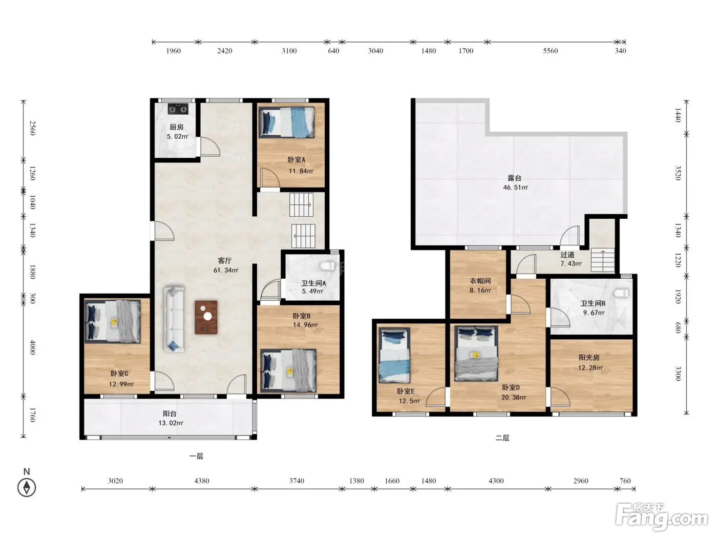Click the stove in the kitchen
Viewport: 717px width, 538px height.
click(x=178, y=109)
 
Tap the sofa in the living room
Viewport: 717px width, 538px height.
click(x=174, y=319)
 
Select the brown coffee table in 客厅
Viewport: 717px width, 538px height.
click(x=206, y=317)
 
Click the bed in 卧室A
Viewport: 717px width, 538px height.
click(x=287, y=122)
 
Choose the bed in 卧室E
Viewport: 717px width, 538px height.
click(x=394, y=355)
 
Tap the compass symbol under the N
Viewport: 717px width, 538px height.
click(x=27, y=488)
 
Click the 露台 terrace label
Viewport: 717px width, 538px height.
click(x=515, y=178)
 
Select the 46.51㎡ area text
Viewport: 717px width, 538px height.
click(x=515, y=188)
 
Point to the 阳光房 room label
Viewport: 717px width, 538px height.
click(x=589, y=358)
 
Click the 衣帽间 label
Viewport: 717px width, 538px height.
click(x=480, y=281)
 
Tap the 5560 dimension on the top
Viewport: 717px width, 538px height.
click(x=551, y=51)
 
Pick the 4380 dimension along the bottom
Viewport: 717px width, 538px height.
click(x=202, y=481)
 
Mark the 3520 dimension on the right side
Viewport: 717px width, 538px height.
click(x=678, y=173)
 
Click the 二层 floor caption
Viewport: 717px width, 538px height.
click(x=502, y=438)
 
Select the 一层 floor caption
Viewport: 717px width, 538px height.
click(x=196, y=457)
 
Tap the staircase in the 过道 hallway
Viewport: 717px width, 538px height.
click(x=603, y=260)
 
